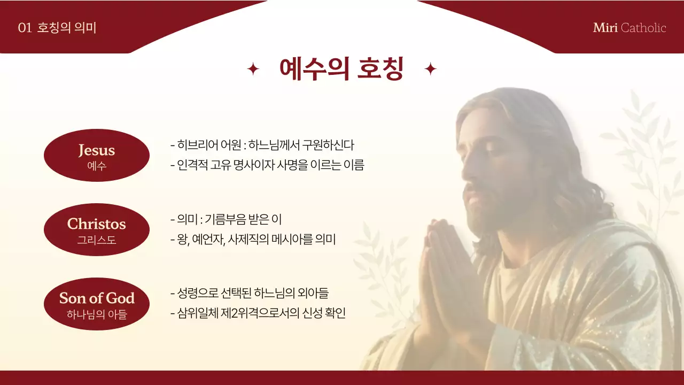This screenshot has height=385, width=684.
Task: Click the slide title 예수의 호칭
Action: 341,69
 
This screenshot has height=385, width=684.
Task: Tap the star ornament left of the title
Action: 253,69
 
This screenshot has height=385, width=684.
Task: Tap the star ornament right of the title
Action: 430,69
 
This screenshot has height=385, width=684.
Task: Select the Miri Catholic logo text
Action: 629,28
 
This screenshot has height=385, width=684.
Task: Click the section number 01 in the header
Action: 25,28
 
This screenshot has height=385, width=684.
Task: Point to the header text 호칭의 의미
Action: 67,28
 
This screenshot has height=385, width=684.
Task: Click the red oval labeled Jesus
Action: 96,155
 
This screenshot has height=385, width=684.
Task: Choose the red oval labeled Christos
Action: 96,229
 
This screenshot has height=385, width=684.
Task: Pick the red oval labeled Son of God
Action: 96,304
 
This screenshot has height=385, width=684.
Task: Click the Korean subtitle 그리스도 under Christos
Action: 96,240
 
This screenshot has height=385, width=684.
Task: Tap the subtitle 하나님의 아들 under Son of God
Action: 97,314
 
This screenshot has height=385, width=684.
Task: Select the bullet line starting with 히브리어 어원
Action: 262,145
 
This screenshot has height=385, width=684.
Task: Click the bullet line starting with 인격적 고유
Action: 267,165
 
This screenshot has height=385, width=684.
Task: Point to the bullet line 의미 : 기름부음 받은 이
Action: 226,219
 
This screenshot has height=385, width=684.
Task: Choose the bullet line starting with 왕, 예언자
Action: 253,240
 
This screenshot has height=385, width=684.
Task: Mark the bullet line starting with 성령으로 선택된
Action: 250,293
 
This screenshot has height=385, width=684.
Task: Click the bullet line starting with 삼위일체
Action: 258,313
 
